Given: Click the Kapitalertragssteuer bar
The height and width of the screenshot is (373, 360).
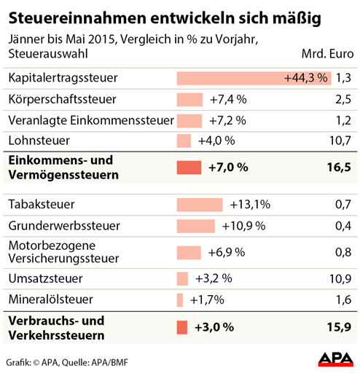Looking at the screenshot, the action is pos(254,78).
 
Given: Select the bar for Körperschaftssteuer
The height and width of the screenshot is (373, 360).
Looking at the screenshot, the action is pos(189,100).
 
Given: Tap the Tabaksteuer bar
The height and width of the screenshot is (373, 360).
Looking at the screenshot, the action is pos(200,205).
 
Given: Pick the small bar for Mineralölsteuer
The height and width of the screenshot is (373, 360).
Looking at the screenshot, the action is pos(180,300).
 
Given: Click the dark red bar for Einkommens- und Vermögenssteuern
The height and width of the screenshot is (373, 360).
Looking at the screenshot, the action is pos(189,168).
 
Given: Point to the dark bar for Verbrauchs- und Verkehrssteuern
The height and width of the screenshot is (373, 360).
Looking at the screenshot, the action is pos(182,327).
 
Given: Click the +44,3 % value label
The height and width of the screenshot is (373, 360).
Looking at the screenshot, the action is pos(306,78).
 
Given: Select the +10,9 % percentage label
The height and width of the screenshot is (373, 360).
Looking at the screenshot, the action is pos(243,226).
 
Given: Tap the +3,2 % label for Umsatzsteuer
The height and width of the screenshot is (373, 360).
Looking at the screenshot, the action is pos(214,278).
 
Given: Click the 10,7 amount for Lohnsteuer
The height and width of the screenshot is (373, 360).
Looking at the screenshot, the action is pos(340,141).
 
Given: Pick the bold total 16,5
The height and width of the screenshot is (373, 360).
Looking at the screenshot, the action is pos(339,168).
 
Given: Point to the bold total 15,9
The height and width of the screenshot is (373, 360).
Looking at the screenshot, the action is pos(339,327).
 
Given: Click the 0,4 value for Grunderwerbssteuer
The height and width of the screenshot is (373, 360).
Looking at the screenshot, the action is pos(343,226).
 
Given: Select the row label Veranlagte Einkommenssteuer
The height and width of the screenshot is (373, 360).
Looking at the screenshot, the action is pos(91,120).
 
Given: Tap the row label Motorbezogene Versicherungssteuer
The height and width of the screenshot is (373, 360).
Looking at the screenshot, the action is pos(63,252).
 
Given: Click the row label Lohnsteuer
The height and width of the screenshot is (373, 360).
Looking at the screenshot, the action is pos(39,141).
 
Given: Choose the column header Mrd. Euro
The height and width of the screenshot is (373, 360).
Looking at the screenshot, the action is pos(327,54).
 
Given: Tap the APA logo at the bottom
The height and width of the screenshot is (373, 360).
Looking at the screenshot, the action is pos(336,359).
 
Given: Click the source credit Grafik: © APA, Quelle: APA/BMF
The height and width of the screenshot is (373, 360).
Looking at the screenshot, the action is pos(67,363).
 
